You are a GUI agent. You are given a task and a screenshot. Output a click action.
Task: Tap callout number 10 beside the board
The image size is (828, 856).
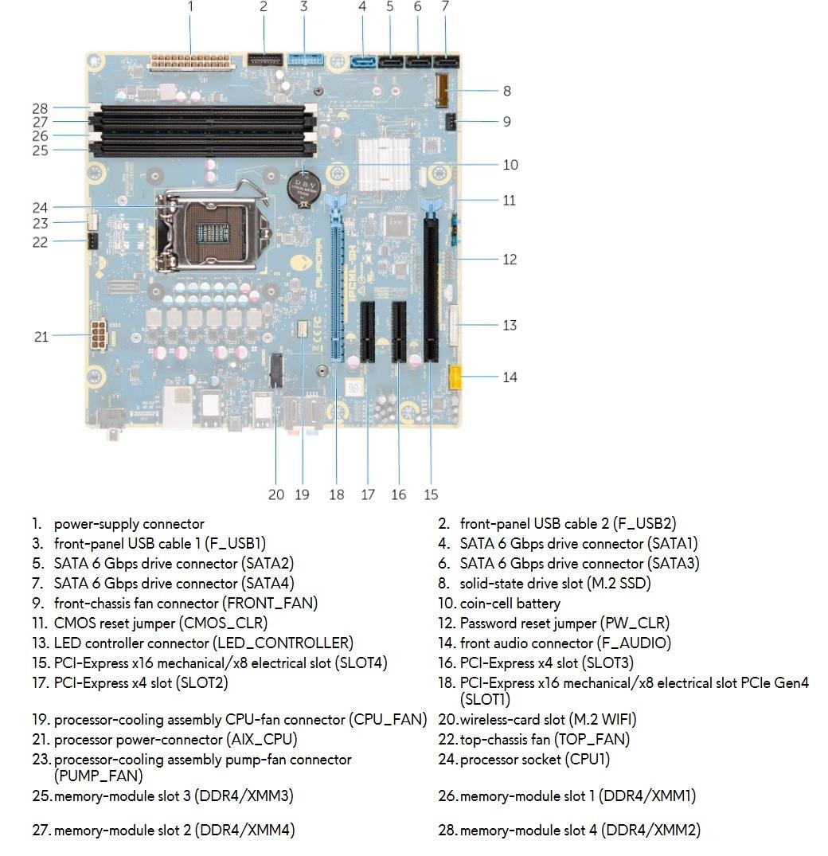click(x=510, y=165)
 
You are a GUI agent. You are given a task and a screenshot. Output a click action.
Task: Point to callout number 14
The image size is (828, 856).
click(x=510, y=377)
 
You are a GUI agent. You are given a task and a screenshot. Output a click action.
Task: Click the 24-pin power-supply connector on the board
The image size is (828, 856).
click(x=190, y=61)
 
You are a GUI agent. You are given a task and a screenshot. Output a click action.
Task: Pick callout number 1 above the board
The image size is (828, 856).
click(x=190, y=7)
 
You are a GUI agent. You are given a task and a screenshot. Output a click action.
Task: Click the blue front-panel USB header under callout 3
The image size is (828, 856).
click(x=304, y=59)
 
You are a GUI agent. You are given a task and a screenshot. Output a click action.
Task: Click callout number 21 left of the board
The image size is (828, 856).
click(x=41, y=337)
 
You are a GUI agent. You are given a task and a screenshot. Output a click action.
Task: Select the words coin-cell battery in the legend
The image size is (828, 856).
click(x=510, y=603)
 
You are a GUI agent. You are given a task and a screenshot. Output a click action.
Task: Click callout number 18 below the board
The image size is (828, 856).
click(x=336, y=494)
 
